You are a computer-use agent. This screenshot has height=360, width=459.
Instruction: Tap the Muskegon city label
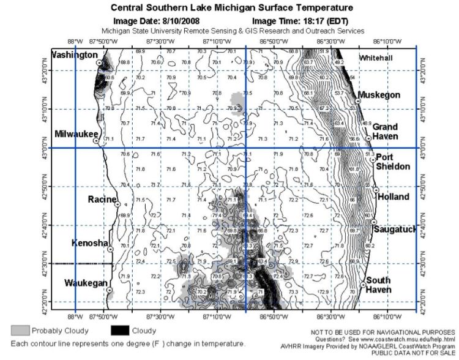[379, 95]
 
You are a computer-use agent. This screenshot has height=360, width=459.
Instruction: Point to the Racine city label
[102, 199]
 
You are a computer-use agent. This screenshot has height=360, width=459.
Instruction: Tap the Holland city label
[393, 197]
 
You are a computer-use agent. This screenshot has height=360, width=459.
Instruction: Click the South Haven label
[378, 285]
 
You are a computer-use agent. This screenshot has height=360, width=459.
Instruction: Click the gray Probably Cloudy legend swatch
[20, 331]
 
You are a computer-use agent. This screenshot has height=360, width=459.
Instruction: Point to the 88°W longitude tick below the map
[75, 316]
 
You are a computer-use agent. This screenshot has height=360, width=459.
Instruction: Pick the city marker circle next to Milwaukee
[96, 140]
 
